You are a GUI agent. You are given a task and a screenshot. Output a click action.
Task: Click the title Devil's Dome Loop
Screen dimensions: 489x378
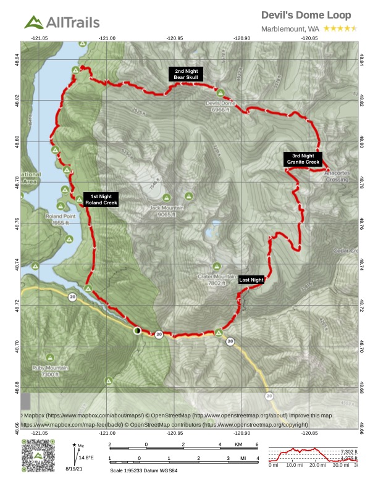click(306, 15)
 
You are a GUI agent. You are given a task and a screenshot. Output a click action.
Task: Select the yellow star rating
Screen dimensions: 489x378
click(340, 28)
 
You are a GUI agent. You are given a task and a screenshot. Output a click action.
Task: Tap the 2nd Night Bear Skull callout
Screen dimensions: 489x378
click(187, 75)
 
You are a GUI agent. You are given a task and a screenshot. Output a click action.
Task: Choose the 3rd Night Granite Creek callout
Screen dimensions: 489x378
click(303, 159)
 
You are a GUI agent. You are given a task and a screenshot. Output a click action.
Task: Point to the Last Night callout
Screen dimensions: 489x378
click(251, 280)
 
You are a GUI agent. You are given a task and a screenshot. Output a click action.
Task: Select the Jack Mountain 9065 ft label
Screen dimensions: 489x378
click(167, 211)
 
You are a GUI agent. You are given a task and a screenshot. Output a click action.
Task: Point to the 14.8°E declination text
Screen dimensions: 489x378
click(85, 458)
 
